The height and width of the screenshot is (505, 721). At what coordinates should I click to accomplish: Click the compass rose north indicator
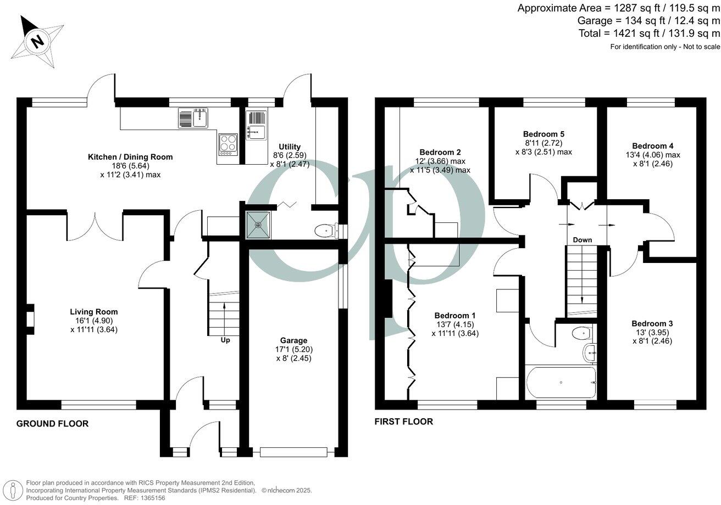click(36, 41)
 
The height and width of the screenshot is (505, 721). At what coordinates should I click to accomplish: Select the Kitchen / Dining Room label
click(130, 157)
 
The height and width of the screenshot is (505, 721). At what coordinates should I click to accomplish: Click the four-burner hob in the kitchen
click(228, 144)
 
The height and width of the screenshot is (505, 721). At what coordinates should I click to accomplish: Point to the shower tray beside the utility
click(258, 225)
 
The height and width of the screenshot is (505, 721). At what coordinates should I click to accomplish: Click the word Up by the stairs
click(225, 340)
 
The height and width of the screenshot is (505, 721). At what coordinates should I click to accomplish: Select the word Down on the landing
click(582, 240)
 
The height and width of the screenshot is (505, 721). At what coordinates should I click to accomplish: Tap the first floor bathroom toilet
click(580, 333)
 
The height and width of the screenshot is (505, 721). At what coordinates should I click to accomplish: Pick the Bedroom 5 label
click(543, 134)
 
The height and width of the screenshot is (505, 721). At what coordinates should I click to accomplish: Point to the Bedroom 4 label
click(652, 146)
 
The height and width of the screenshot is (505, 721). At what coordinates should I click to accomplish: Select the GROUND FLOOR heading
click(52, 424)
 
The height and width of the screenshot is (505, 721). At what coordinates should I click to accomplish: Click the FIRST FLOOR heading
click(404, 422)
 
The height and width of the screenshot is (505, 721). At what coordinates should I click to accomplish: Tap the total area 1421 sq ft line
click(649, 33)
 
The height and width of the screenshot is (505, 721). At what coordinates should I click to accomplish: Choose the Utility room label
click(289, 147)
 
